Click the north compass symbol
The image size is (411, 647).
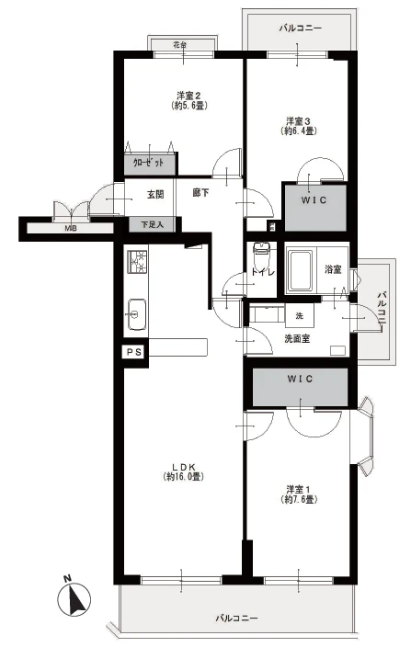tap(74, 596)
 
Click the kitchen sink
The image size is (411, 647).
tap(137, 314)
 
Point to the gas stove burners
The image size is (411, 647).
tap(137, 262)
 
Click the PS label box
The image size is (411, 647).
tap(134, 352)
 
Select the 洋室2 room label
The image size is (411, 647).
tap(189, 101)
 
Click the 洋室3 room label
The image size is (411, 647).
tap(298, 126)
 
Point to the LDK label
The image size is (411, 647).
tap(184, 472)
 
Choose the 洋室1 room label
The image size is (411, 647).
tap(298, 494)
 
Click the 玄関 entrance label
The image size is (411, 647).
tap(155, 194)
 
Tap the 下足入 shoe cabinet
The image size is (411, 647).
tap(152, 224)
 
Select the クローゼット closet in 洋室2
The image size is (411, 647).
tap(150, 163)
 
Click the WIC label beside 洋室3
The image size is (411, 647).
tap(314, 200)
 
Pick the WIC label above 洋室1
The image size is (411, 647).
tap(300, 379)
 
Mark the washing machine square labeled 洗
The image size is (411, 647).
tap(300, 315)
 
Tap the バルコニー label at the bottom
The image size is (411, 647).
tap(236, 619)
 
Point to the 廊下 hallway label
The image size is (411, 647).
tap(200, 192)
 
